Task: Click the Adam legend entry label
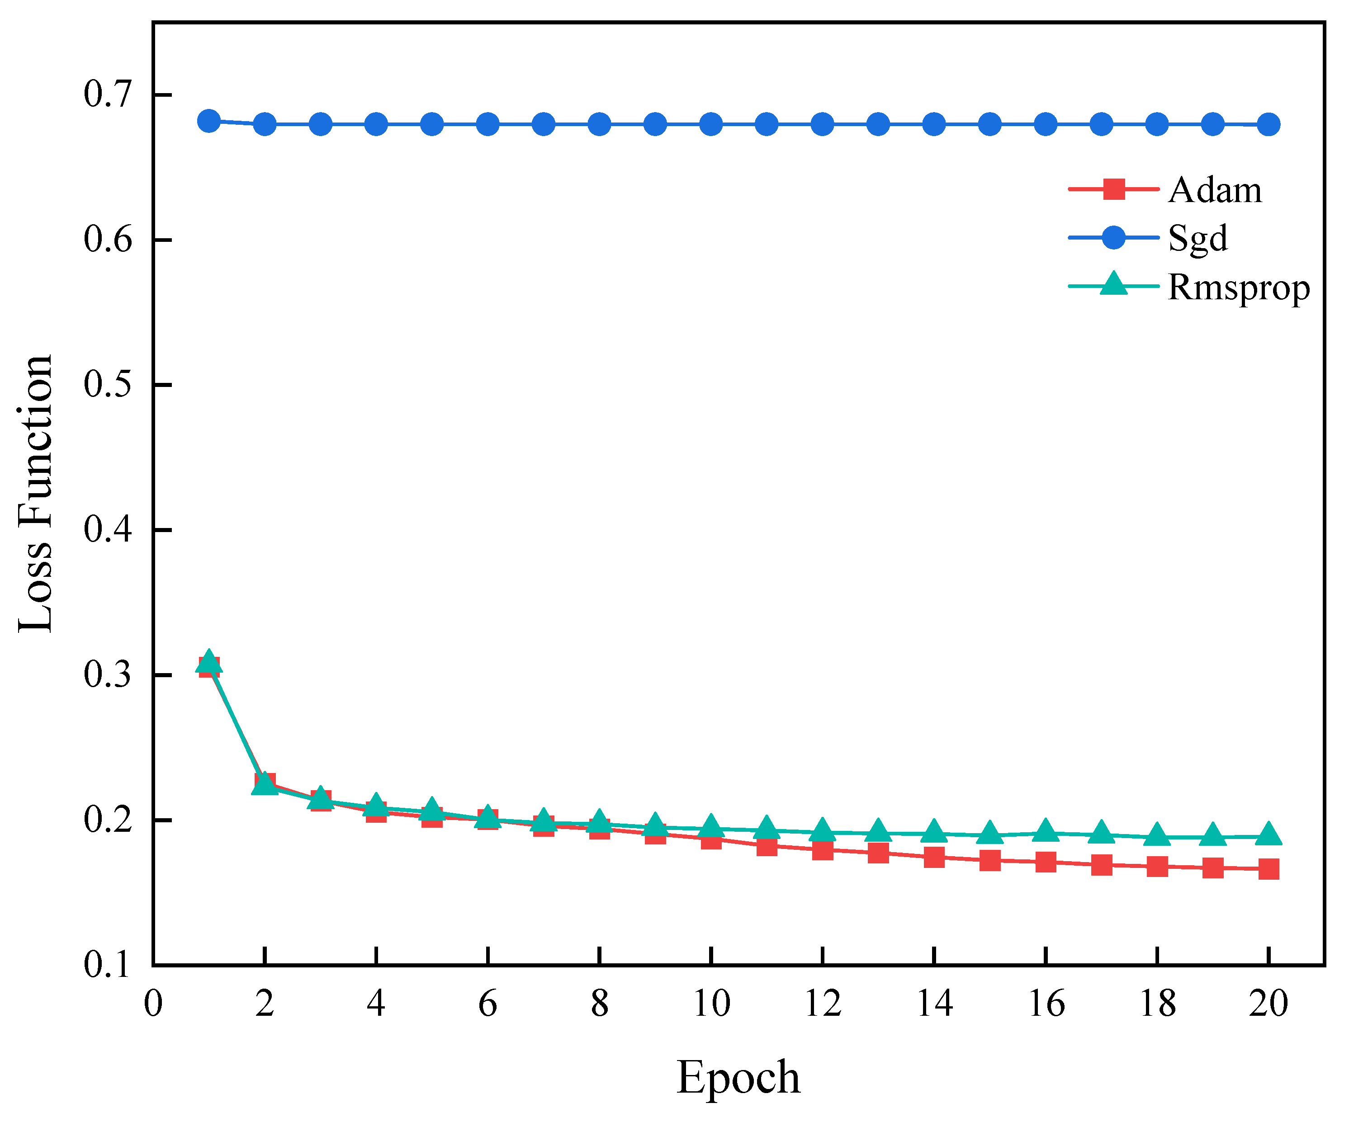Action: (x=1215, y=191)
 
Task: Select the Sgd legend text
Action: (x=1198, y=239)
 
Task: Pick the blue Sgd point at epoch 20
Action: (x=1268, y=124)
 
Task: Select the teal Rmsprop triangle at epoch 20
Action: (x=1268, y=835)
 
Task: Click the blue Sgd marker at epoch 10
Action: (x=710, y=124)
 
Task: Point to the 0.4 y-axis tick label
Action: (x=107, y=529)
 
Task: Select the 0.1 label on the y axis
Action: (x=107, y=965)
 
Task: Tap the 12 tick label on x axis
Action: (x=822, y=1003)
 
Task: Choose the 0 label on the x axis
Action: (x=153, y=1003)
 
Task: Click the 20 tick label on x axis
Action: (x=1268, y=1003)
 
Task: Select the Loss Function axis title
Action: (x=35, y=493)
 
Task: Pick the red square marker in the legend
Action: (x=1114, y=189)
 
